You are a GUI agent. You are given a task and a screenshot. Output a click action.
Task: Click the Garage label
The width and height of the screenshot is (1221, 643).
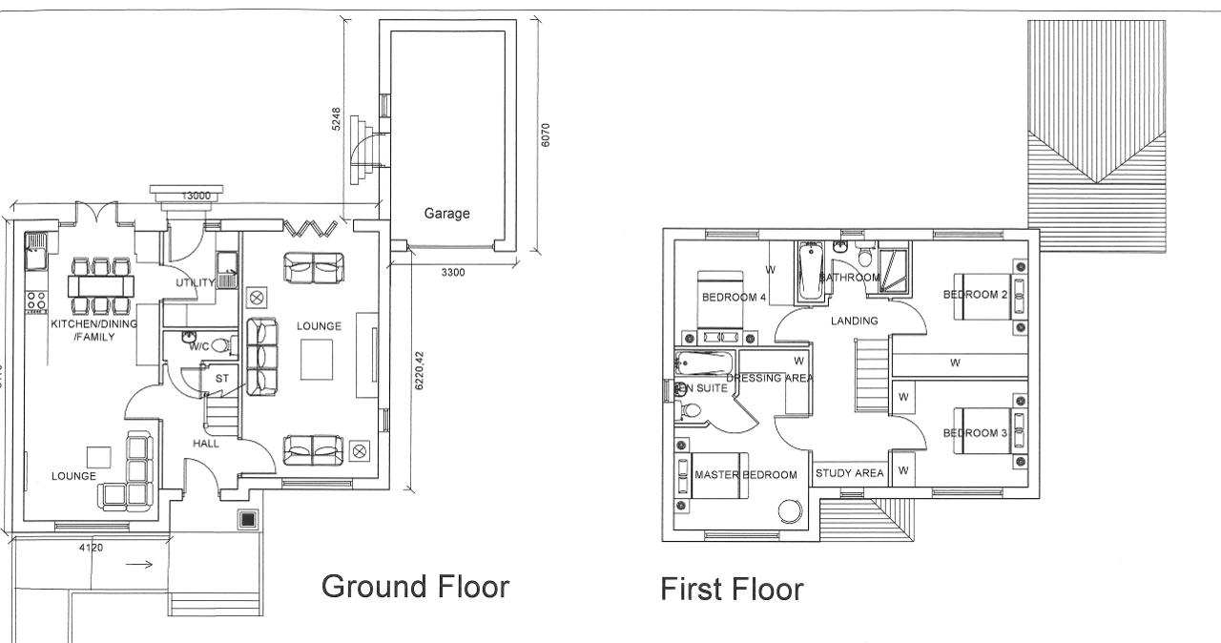446,214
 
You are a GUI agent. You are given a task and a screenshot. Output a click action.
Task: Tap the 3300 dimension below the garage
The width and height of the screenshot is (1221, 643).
453,273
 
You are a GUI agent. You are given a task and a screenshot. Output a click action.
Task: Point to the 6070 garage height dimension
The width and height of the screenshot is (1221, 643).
545,134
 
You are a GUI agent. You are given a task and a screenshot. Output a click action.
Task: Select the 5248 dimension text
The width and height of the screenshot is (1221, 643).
337,118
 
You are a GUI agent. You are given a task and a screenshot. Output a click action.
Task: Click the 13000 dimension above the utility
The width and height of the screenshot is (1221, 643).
196,196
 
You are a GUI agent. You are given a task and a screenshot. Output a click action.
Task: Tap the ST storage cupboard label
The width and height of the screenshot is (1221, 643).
222,379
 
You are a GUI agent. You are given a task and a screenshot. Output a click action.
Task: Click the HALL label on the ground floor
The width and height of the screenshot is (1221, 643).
205,444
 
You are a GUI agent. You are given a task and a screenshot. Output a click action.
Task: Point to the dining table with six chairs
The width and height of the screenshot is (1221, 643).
99,285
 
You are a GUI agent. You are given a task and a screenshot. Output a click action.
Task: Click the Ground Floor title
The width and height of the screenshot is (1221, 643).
415,586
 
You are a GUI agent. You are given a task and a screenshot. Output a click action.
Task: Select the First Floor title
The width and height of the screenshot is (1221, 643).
732,590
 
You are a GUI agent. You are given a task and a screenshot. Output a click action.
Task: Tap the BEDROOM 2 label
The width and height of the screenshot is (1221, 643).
975,295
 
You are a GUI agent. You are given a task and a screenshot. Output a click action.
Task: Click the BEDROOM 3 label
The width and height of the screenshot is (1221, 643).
975,433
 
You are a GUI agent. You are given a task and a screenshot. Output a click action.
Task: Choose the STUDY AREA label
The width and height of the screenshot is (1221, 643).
849,473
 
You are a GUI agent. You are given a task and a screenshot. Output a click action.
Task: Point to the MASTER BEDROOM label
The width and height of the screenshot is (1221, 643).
745,475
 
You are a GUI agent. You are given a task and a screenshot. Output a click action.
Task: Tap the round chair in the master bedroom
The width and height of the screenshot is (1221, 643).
791,511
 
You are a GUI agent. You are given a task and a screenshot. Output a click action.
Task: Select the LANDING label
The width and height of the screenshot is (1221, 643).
854,321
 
